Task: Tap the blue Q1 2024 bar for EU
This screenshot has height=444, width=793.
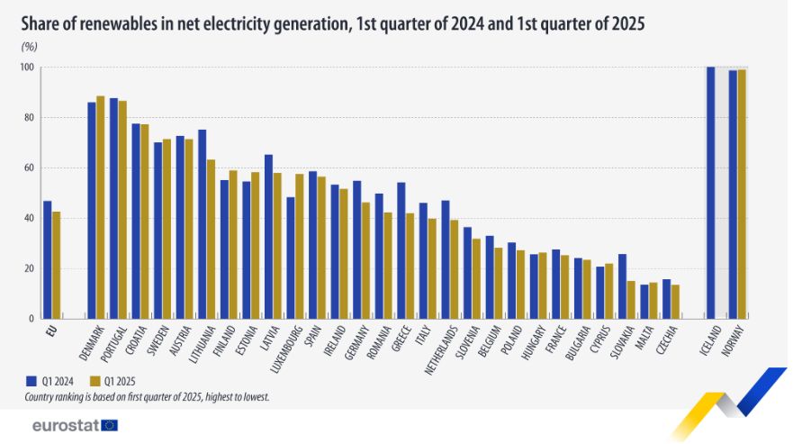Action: [47, 259]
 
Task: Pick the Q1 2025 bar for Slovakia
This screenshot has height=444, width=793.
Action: [631, 299]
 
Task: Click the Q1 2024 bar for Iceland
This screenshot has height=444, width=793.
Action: [711, 193]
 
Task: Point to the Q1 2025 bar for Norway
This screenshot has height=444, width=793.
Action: [742, 194]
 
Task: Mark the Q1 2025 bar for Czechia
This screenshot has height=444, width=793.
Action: [675, 301]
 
